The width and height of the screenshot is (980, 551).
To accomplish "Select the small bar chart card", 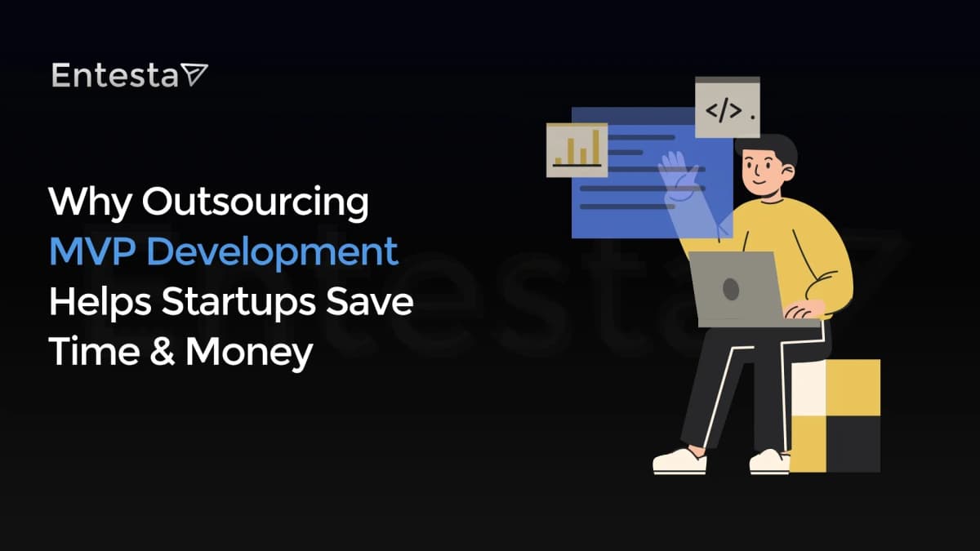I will click(577, 149).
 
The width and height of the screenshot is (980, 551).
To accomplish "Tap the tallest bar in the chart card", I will click(596, 147).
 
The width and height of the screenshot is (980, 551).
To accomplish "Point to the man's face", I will click(764, 171).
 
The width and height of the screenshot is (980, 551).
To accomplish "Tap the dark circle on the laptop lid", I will click(731, 289).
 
